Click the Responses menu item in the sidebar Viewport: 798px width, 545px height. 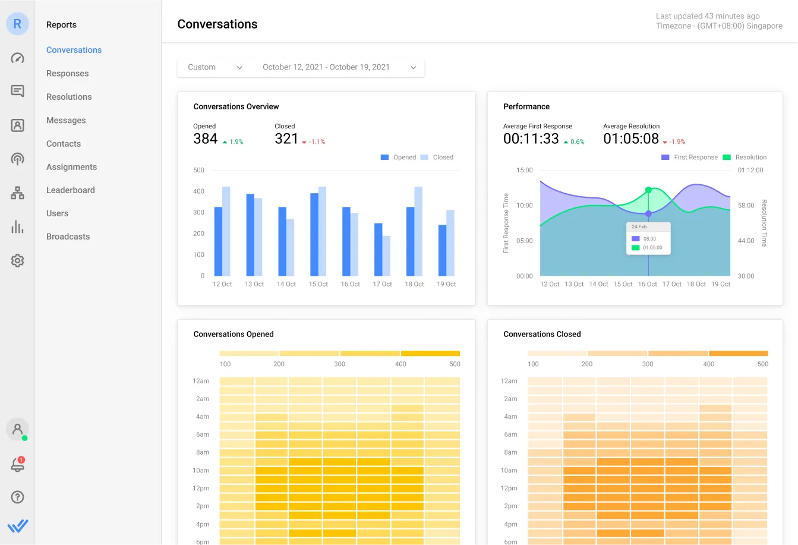point(67,74)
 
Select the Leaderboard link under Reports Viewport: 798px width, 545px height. point(70,190)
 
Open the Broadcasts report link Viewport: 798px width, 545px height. point(68,237)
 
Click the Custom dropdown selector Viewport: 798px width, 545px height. point(215,67)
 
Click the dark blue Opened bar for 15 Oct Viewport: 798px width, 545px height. point(314,234)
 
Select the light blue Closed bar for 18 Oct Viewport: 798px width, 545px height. point(418,231)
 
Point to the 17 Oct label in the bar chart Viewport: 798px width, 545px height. point(382,284)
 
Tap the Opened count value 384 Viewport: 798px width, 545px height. point(206,139)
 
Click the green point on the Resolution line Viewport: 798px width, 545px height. point(648,190)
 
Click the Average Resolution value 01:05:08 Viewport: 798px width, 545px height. point(631,139)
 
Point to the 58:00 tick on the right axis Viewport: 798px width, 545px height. point(746,206)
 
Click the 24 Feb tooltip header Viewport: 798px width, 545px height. point(639,227)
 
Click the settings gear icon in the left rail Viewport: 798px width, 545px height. point(17,261)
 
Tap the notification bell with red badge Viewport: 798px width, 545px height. point(17,465)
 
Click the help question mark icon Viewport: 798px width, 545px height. point(17,497)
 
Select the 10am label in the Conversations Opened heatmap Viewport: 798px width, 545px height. point(201,471)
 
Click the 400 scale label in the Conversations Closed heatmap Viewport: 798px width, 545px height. point(708,364)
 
